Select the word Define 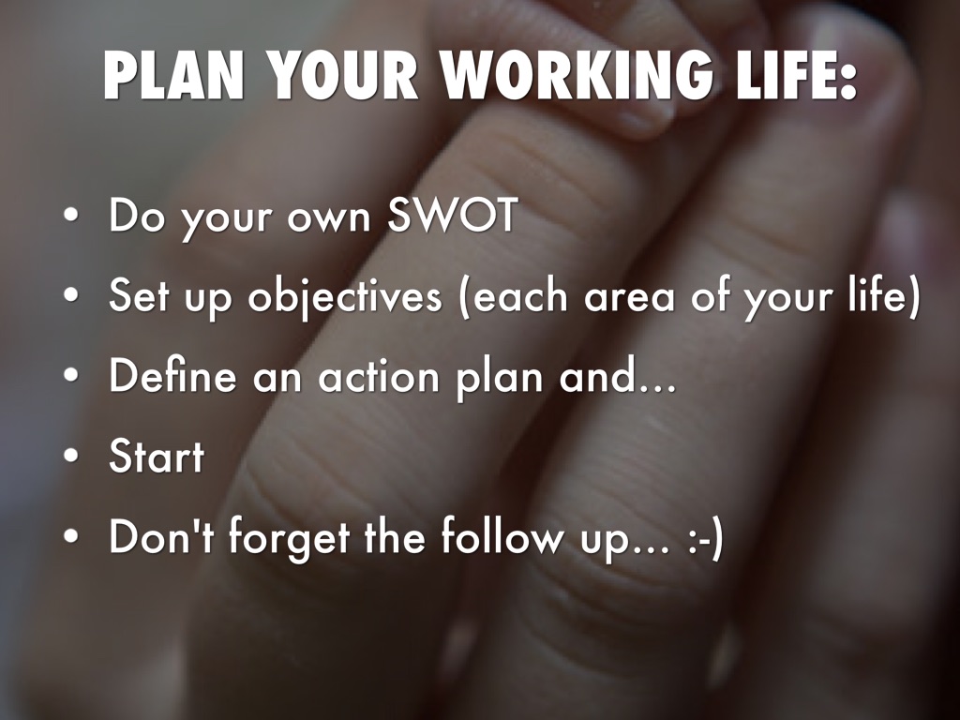tap(172, 375)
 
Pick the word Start tap(157, 457)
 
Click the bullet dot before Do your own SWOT tap(71, 216)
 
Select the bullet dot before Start tap(71, 457)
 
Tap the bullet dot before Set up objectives tap(71, 295)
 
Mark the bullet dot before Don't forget tap(71, 536)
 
